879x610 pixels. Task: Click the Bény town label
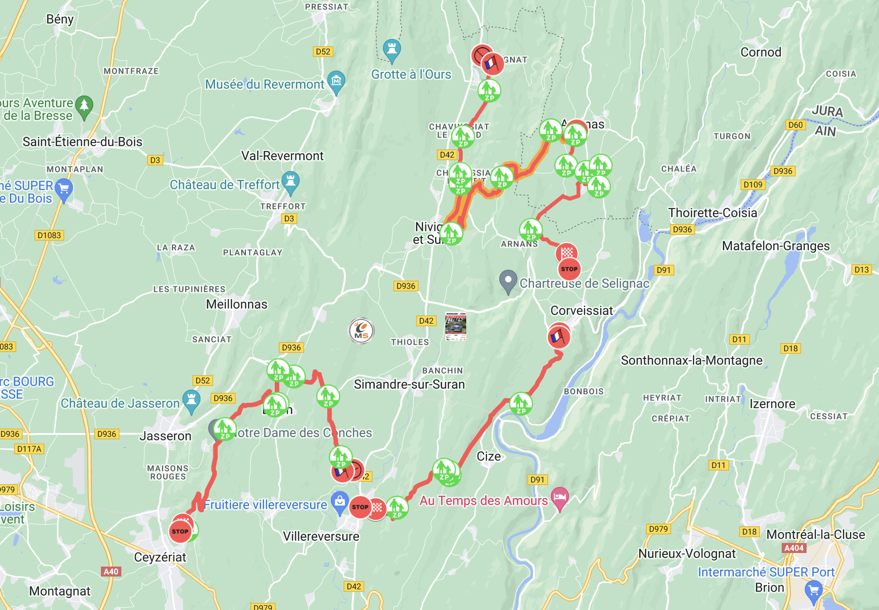(60, 19)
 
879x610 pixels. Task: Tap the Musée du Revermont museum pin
(336, 82)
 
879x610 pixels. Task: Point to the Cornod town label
(761, 52)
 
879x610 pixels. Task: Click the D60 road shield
(795, 125)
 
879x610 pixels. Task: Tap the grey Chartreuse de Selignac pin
(508, 281)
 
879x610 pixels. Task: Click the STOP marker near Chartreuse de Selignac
(569, 269)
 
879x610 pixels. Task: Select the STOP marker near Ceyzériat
(180, 531)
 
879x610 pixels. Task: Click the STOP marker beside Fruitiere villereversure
(360, 507)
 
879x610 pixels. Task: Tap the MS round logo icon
(361, 331)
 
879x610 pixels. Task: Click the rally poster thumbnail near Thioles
(455, 326)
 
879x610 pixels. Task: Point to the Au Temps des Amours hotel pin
(560, 498)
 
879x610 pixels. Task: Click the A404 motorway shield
(794, 548)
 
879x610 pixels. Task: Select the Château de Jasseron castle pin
(191, 401)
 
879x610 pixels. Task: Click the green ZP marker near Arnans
(530, 230)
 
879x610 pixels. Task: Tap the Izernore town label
(772, 404)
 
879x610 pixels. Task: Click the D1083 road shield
(49, 235)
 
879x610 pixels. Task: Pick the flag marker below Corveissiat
(559, 337)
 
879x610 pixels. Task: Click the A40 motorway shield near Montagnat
(111, 572)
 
